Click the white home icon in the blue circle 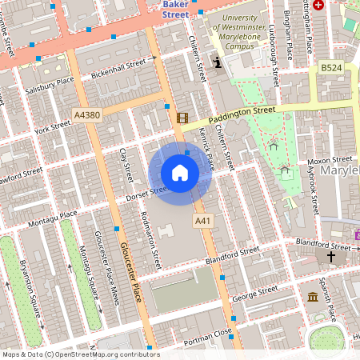(x=180, y=173)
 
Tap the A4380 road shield (x=86, y=115)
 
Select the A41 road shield (x=202, y=219)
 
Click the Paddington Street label (x=239, y=114)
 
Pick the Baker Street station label (x=175, y=9)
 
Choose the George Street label (x=254, y=294)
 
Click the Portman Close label (x=208, y=334)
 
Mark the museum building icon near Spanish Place (x=312, y=297)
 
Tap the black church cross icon (x=331, y=257)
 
